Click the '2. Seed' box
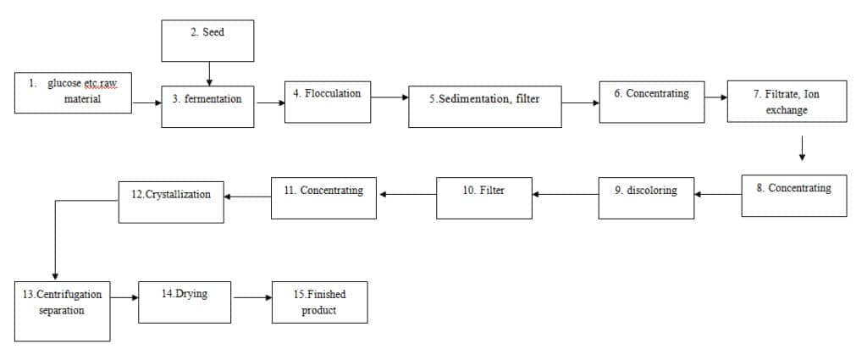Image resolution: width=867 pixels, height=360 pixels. point(207,41)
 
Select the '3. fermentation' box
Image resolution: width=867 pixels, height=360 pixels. point(207,107)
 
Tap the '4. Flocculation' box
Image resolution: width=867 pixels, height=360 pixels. point(328,102)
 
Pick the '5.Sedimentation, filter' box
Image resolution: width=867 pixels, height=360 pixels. point(485,107)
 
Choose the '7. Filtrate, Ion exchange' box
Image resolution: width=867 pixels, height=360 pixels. point(787,101)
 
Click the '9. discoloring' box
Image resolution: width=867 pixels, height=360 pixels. point(646,198)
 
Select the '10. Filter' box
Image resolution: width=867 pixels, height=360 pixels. point(483,198)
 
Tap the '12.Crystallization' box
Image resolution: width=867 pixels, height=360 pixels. point(171,202)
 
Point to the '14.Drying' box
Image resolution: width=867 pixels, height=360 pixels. point(185,302)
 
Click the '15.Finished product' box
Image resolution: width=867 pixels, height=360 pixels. point(319,302)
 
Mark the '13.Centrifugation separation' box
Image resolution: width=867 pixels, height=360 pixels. point(62,312)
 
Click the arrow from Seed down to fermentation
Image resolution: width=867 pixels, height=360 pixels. point(209,74)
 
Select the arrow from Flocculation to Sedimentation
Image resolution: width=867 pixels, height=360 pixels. point(389,97)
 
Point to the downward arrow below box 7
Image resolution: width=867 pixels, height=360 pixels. point(802,148)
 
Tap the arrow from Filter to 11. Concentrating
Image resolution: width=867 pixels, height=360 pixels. point(407,194)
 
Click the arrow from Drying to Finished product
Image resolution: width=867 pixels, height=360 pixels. point(252,297)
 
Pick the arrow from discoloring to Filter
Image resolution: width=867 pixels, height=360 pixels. point(565,194)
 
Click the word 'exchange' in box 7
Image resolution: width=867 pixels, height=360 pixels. point(787,110)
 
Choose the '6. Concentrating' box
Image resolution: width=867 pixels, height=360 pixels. point(652,102)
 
